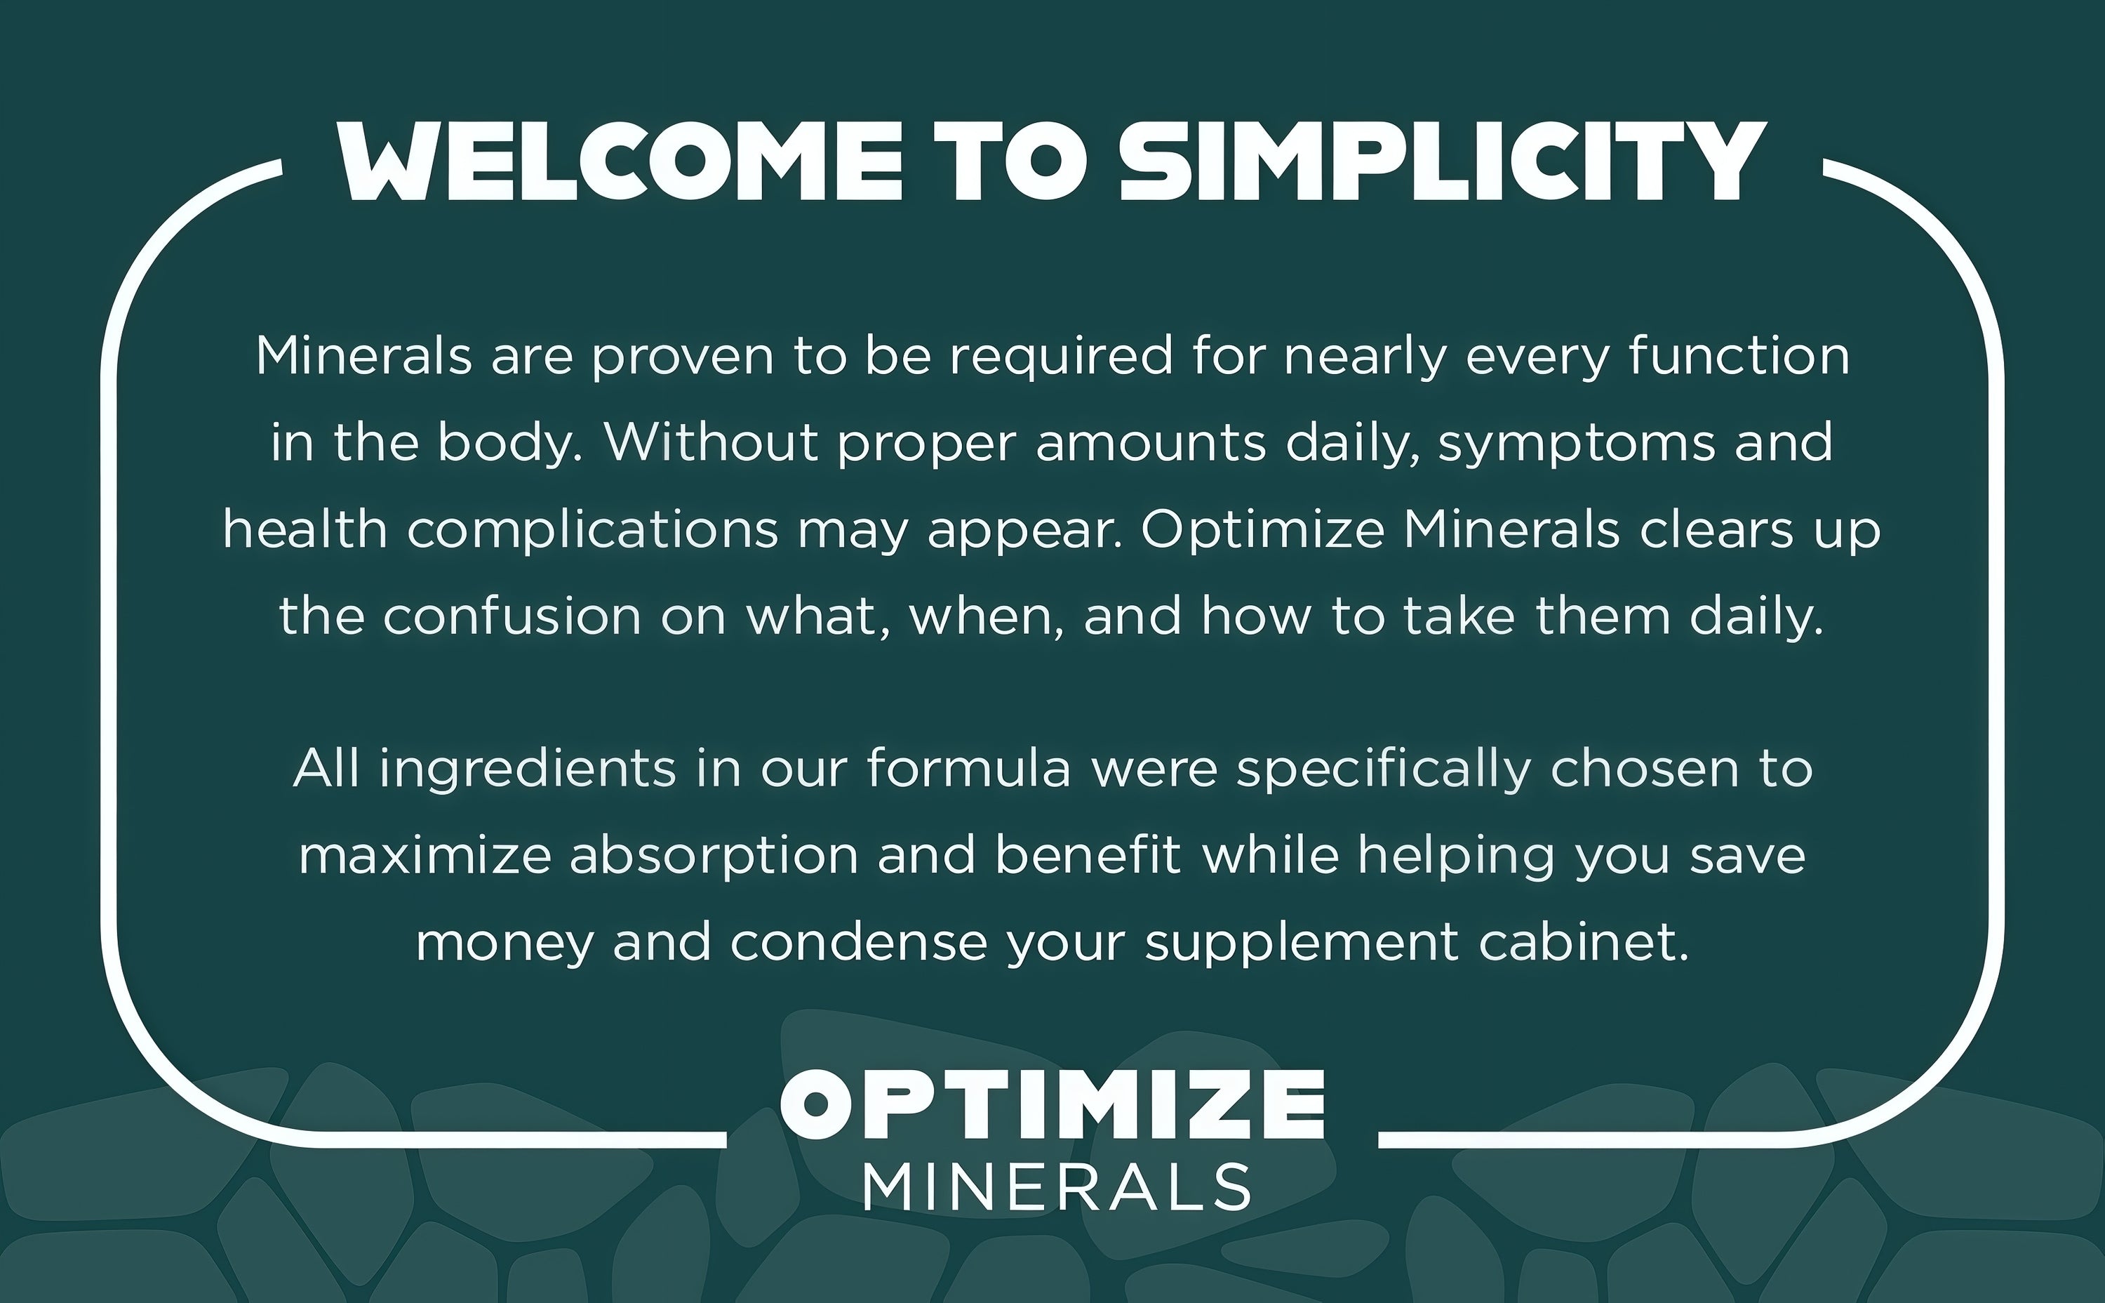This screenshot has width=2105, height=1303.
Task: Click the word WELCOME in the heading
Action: tap(620, 161)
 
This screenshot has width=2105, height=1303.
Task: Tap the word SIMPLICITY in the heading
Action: tap(1443, 161)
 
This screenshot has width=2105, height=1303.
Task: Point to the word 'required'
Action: tap(1061, 357)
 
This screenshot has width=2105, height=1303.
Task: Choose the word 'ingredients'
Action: tap(528, 769)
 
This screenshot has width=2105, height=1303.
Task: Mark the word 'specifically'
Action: tap(1383, 769)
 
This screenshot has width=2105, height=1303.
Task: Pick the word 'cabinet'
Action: tap(1584, 941)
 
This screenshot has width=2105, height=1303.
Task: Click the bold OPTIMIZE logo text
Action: tap(1052, 1106)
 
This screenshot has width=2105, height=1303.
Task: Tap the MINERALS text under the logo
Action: tap(1057, 1186)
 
